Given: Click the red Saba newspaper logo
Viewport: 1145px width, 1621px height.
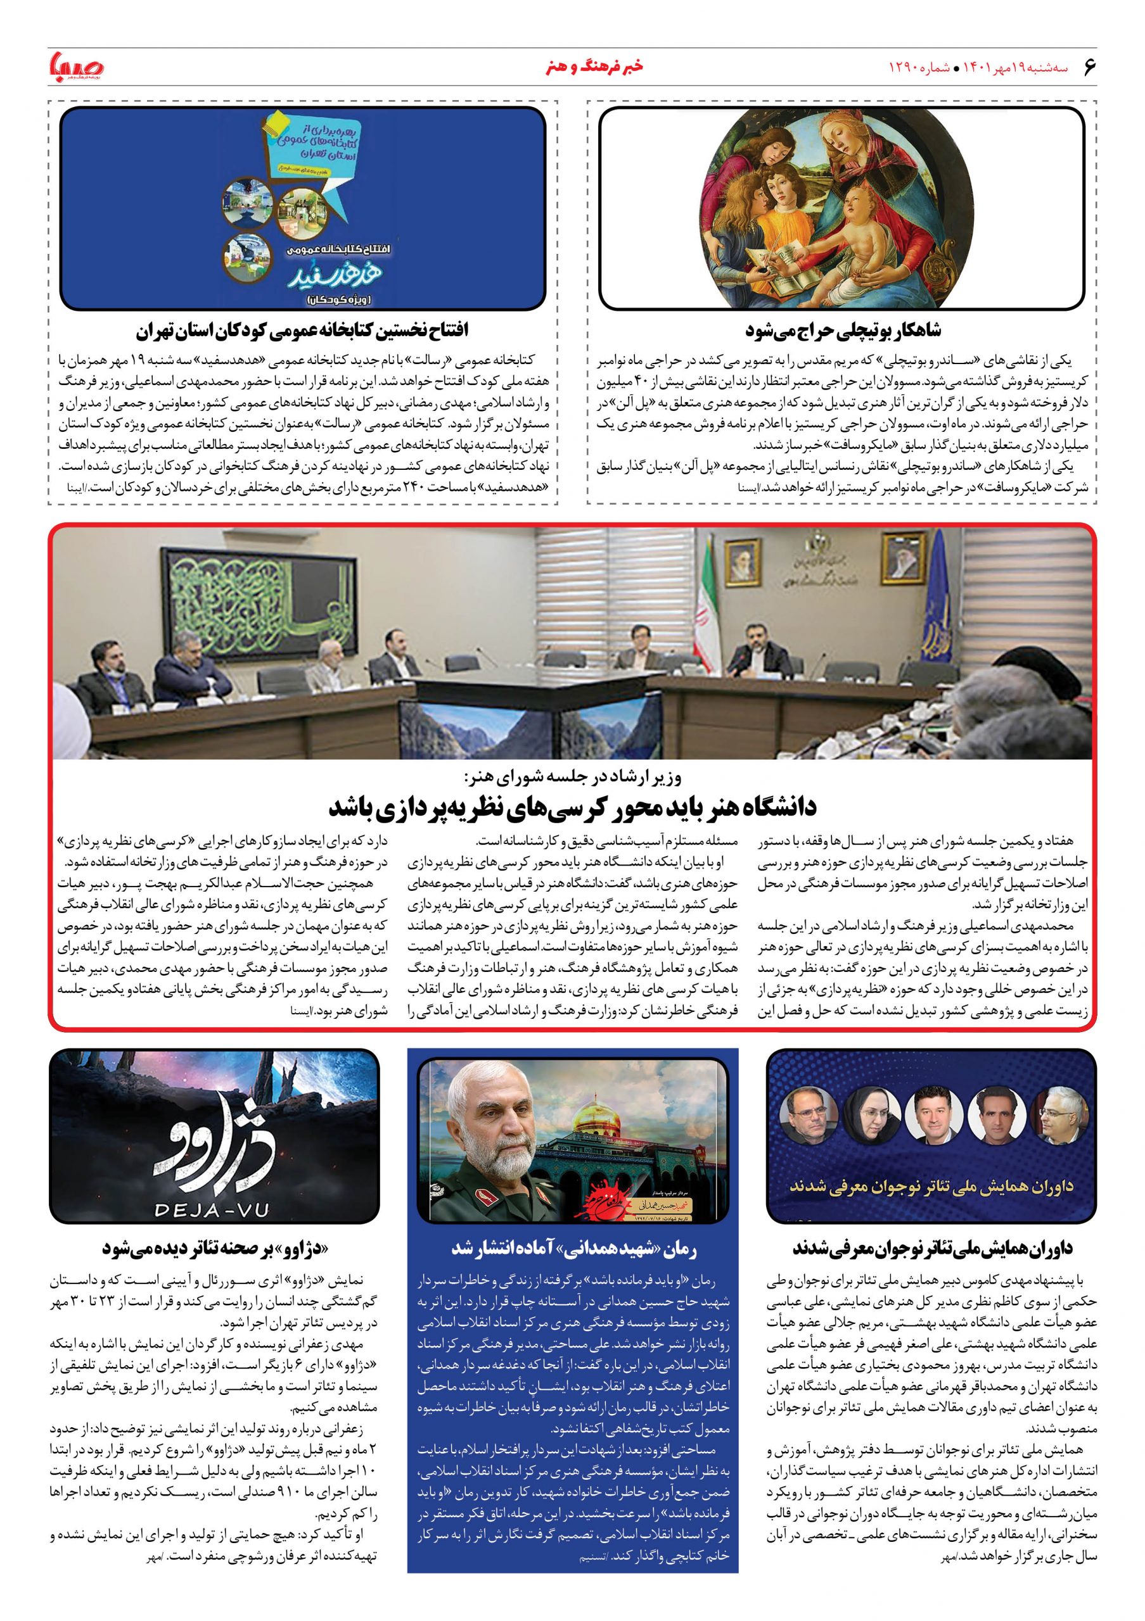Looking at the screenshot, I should point(76,68).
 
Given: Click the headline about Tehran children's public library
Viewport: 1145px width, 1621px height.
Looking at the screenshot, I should point(303,331).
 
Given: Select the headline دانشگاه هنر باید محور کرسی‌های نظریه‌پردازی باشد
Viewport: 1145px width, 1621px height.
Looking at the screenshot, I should point(573,806).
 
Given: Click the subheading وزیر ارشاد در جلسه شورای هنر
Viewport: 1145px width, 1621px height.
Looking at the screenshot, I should point(573,778).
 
